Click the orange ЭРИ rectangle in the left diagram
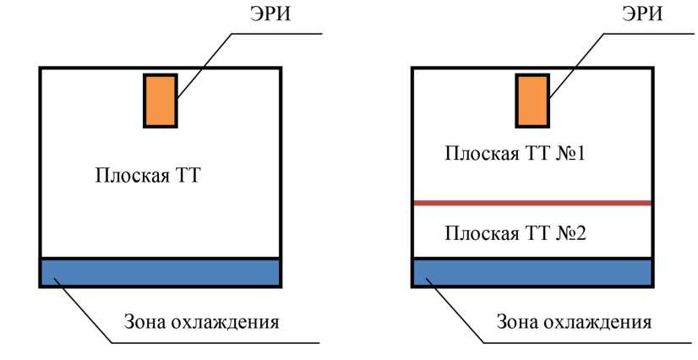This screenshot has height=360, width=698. pos(160,101)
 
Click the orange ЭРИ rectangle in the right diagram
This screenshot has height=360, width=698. pos(532,101)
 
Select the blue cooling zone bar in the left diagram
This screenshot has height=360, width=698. pos(160,272)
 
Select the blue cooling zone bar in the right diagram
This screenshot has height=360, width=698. pos(532,272)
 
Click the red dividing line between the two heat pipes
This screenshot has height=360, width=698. pos(532,203)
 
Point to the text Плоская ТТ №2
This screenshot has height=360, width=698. pos(510,232)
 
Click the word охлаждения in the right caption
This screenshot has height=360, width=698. pos(603,322)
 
